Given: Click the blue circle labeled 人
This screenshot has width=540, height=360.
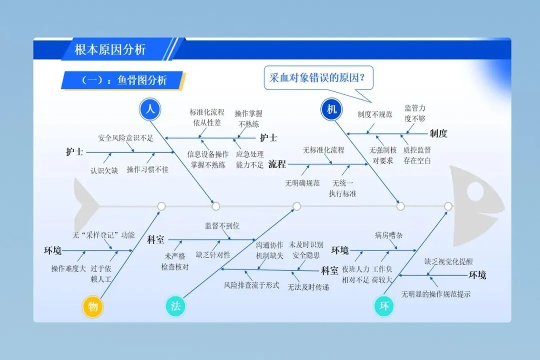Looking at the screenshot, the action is (149, 109).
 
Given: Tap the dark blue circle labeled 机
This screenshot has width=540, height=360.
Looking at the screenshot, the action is (331, 109).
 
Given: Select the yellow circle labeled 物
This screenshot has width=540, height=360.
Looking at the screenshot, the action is (93, 306).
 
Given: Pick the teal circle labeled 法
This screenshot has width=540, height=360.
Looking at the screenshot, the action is (175, 306).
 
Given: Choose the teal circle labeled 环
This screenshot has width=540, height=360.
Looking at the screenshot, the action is (384, 306).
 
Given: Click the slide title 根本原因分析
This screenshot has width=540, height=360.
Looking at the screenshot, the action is (110, 49).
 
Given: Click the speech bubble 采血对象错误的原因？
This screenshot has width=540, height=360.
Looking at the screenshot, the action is (317, 78).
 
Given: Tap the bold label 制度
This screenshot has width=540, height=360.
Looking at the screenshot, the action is (438, 133).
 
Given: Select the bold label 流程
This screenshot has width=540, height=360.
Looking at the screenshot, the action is (277, 163).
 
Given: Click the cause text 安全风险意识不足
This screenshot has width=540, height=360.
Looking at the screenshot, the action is (125, 138).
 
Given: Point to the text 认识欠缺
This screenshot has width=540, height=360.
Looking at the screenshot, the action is (104, 170).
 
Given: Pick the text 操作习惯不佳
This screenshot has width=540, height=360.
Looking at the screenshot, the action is (147, 169).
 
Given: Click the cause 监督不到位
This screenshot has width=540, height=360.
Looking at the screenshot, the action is (222, 226).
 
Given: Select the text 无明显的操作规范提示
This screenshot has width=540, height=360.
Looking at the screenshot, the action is (435, 294).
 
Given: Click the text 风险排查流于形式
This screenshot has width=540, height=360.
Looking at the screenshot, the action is (251, 285).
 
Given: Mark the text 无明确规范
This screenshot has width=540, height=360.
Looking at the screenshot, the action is (302, 183).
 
